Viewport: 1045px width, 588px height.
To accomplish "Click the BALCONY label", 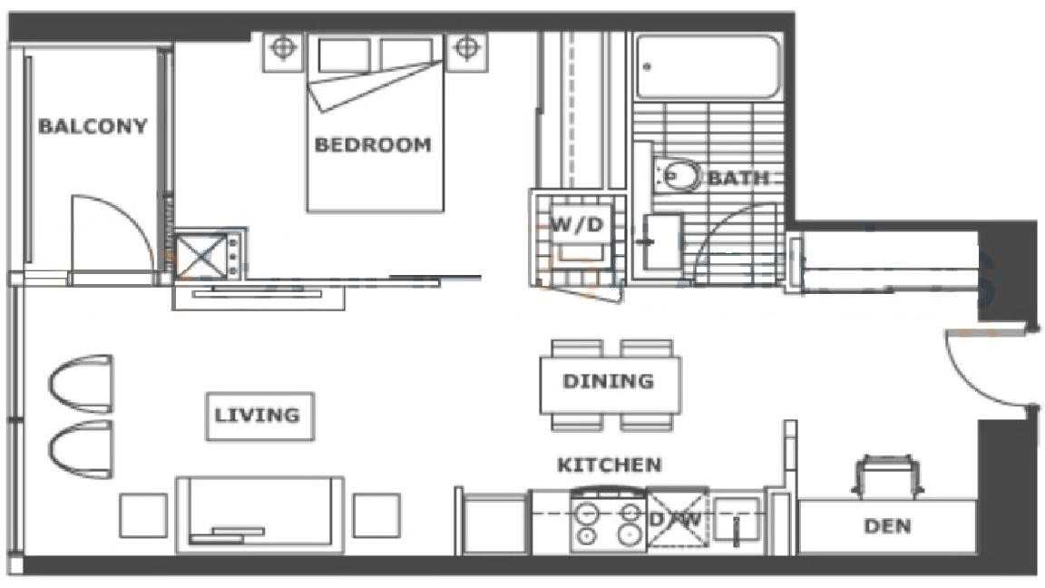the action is click(x=92, y=126).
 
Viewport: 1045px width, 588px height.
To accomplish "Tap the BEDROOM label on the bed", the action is click(x=373, y=144).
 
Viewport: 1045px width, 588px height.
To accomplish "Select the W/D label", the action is click(x=577, y=225).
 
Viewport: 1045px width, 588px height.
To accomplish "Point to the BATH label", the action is click(x=737, y=177).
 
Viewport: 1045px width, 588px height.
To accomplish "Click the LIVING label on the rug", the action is click(x=257, y=415).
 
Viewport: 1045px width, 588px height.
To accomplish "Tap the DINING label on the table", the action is click(x=608, y=381).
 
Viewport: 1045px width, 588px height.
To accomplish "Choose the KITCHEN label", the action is click(x=610, y=464).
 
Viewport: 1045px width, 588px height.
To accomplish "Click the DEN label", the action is click(x=887, y=525).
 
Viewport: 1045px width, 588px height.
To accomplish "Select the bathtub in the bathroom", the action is click(x=708, y=67).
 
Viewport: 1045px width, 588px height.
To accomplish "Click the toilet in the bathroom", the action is click(x=677, y=175).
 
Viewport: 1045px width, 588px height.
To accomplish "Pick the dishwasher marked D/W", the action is click(x=677, y=520).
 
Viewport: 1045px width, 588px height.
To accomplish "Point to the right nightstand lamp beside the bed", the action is click(x=465, y=49).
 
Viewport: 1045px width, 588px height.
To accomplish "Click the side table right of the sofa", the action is click(x=376, y=515).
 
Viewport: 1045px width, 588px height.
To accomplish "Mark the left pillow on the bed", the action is click(x=344, y=54).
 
